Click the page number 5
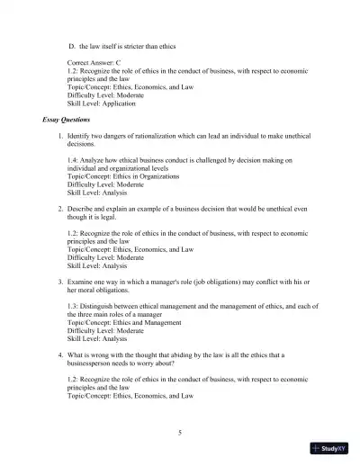pyautogui.click(x=180, y=433)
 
